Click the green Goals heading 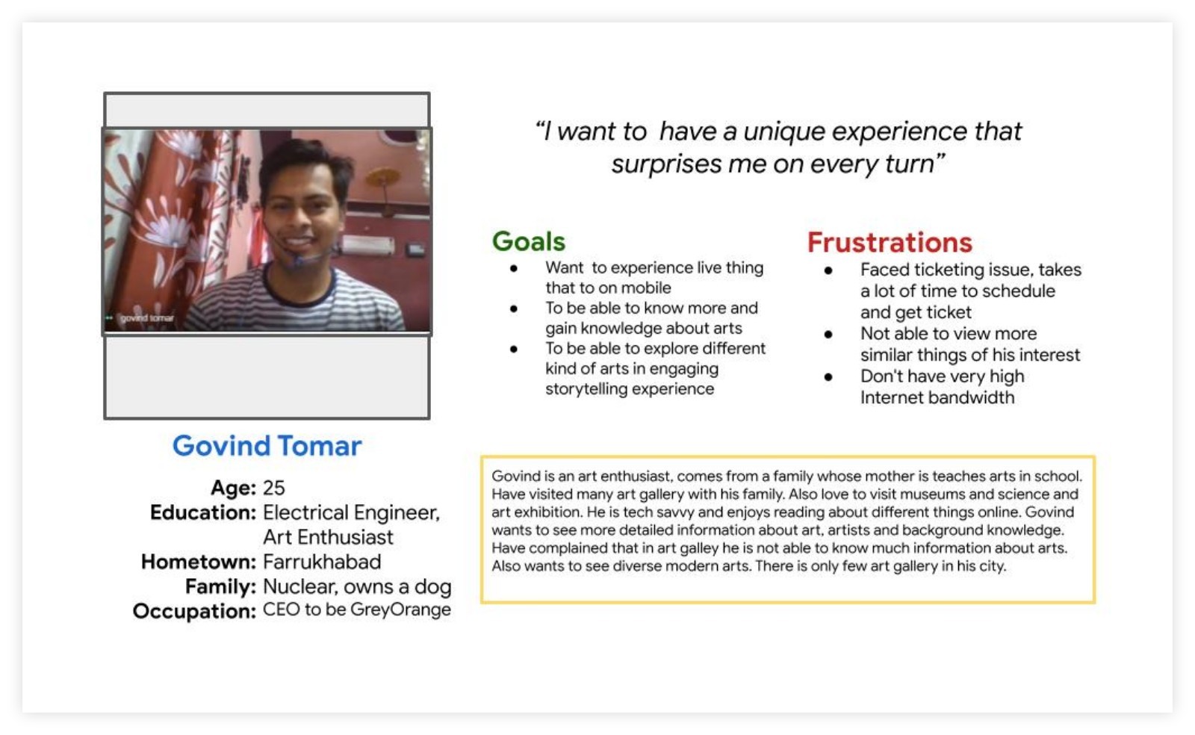click(x=528, y=241)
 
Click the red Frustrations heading click(x=890, y=242)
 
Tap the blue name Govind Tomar click(x=267, y=445)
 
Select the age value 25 click(x=273, y=488)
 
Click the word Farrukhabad click(x=322, y=562)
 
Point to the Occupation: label click(x=195, y=611)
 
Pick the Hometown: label click(x=199, y=562)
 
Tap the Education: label click(x=203, y=512)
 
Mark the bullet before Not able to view click(x=828, y=335)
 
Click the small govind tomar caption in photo click(x=146, y=318)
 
